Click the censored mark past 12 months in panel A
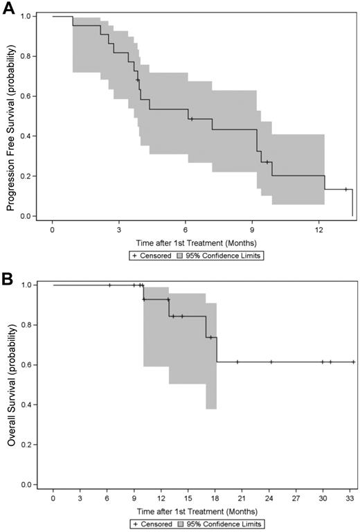click(x=345, y=189)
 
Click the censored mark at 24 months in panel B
click(x=271, y=362)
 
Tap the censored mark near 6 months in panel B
click(x=109, y=285)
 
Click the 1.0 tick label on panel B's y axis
click(x=28, y=285)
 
